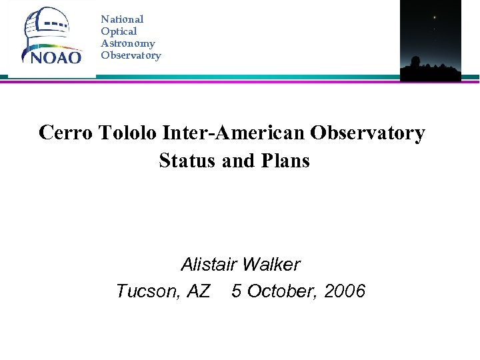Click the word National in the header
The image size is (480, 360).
click(122, 19)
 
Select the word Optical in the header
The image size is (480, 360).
click(119, 31)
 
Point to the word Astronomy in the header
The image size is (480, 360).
click(128, 43)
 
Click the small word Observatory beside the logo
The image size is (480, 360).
click(131, 55)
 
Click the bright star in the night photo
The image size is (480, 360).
click(435, 17)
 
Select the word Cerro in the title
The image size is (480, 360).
click(65, 133)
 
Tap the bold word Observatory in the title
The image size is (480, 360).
click(367, 133)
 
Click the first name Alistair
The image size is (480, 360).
click(209, 265)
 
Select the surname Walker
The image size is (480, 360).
click(271, 265)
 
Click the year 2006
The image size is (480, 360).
click(345, 291)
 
